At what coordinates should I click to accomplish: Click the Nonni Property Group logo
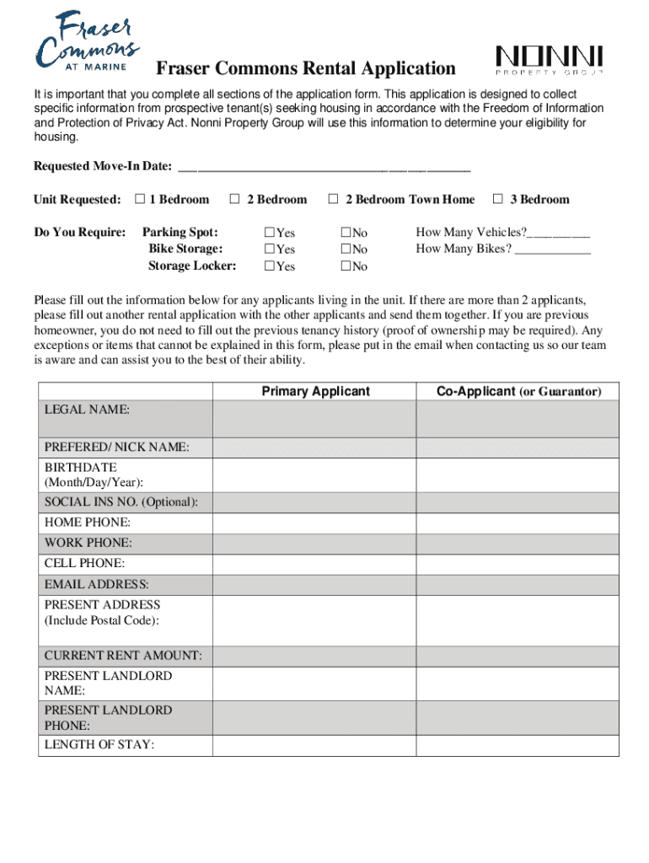tap(549, 62)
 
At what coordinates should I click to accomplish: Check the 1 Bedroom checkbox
tap(140, 199)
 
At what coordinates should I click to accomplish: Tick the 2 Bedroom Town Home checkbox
tap(333, 199)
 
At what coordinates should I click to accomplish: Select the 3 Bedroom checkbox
tap(497, 199)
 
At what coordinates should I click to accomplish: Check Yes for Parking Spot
tap(270, 233)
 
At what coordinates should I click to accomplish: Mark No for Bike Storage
tap(346, 249)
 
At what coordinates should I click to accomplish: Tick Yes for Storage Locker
tap(270, 266)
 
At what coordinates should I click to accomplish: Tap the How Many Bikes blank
tap(553, 250)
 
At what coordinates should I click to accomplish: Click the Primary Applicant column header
tap(315, 391)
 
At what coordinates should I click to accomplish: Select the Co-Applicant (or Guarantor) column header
tap(518, 391)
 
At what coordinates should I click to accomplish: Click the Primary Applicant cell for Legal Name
tap(314, 418)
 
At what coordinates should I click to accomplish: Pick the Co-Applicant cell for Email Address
tap(518, 584)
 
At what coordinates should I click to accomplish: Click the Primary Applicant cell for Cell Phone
tap(314, 564)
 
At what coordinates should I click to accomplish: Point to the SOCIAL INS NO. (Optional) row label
tap(121, 502)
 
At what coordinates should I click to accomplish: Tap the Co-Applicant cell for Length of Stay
tap(518, 745)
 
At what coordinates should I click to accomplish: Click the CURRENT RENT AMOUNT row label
tap(123, 656)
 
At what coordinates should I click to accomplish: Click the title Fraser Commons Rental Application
tap(305, 69)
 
